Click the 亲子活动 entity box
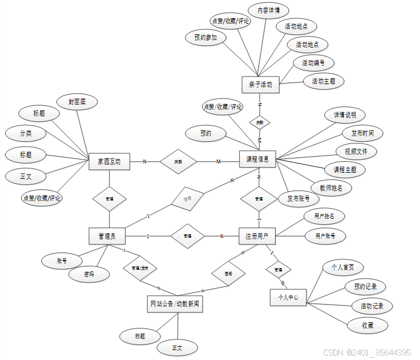[261, 85]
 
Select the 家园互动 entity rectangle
[109, 162]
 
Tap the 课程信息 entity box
[257, 159]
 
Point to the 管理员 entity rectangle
[107, 236]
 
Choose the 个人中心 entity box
[288, 297]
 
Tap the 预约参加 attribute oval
[205, 38]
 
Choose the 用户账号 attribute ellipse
[325, 235]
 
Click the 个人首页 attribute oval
[343, 267]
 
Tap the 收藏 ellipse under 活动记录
[367, 325]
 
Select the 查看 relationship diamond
[228, 274]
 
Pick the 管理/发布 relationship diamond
[139, 268]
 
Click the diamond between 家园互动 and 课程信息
[178, 162]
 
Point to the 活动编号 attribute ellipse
[313, 63]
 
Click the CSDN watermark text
[367, 352]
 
